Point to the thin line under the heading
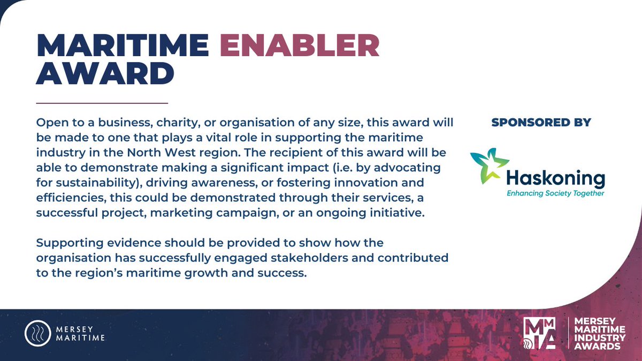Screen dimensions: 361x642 (102, 102)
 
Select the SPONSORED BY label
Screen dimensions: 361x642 (541, 122)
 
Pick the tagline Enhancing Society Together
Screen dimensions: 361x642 (555, 193)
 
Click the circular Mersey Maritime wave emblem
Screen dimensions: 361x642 (37, 334)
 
